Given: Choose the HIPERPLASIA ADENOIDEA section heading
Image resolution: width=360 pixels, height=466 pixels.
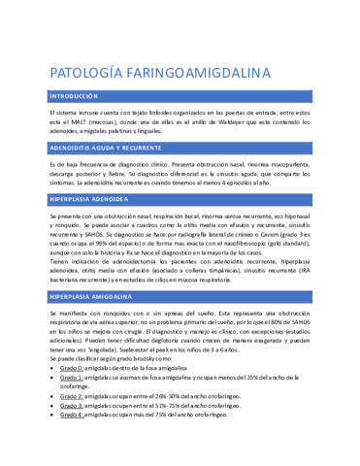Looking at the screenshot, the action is (x=94, y=197).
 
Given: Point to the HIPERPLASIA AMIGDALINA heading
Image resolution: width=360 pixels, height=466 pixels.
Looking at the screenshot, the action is (x=94, y=294).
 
